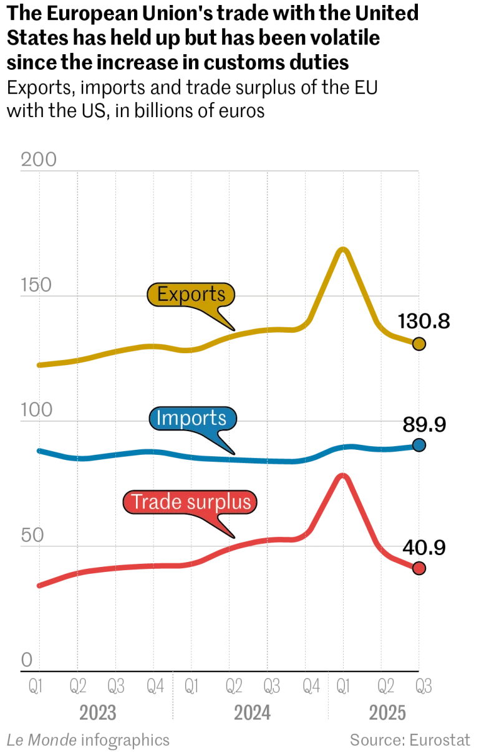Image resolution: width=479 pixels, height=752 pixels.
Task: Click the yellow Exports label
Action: coord(191,295)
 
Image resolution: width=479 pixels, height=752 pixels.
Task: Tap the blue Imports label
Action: coord(192,419)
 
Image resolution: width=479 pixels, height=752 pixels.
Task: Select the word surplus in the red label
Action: coord(220,502)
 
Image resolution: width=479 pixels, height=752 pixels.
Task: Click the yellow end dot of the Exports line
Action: coord(419,344)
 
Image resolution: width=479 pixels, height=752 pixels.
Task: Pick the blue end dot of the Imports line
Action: coord(419,445)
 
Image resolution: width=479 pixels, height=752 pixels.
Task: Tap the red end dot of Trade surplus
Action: coord(419,568)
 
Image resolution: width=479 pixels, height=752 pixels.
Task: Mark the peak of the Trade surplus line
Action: coord(342,475)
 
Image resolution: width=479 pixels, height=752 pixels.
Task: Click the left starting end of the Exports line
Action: coord(39,365)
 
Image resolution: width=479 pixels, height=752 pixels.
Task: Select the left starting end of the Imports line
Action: coord(39,450)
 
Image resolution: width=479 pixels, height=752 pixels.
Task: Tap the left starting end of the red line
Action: coord(39,586)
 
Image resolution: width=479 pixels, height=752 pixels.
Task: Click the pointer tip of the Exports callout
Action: coord(234,328)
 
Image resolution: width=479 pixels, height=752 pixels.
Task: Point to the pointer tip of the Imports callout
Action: coord(234,453)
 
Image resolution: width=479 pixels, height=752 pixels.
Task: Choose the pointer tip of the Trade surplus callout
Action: coord(234,536)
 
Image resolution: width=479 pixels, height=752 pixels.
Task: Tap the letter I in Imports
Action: coord(158,419)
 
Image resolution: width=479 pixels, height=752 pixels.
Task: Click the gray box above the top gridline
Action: coord(39,160)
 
